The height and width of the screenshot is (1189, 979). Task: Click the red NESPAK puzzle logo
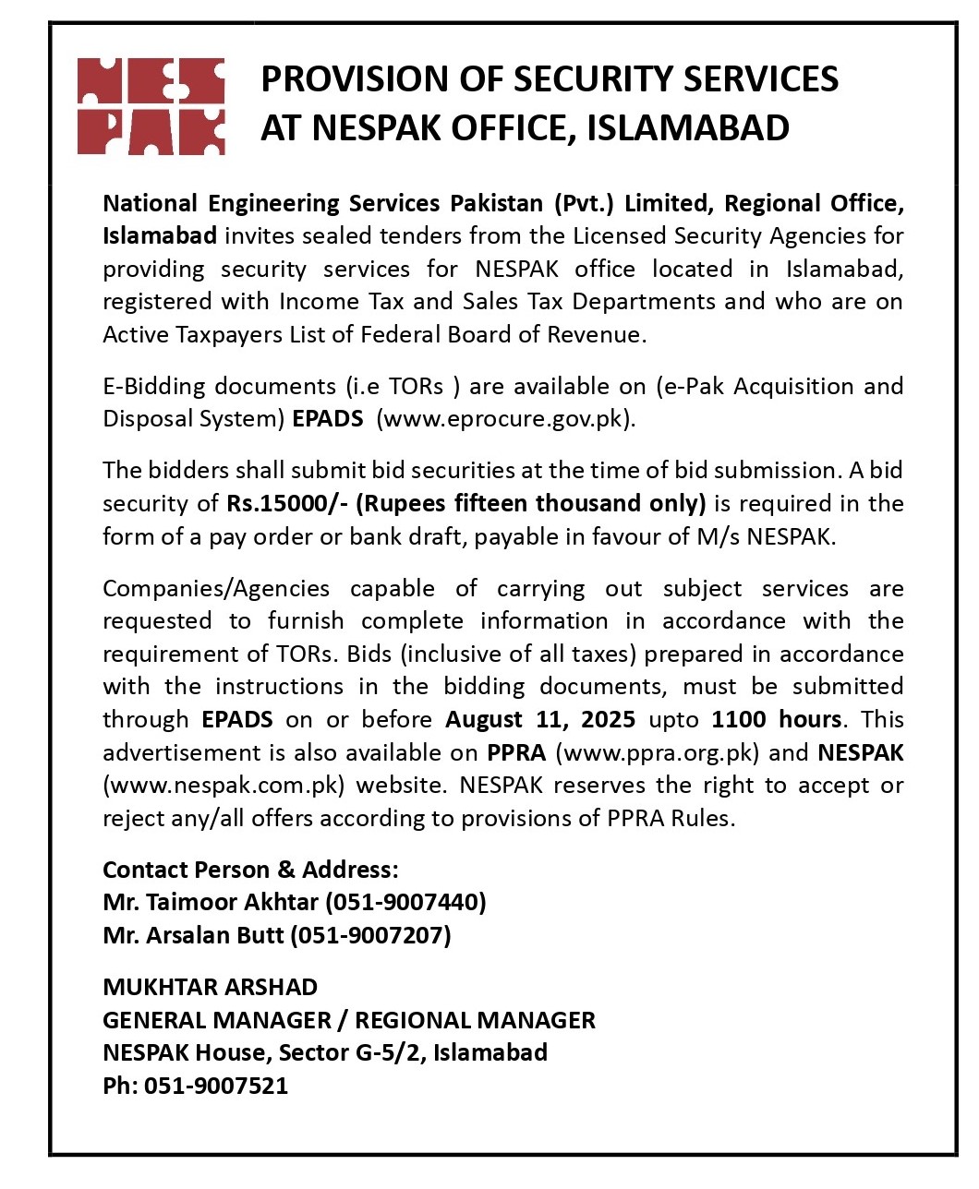[x=151, y=105]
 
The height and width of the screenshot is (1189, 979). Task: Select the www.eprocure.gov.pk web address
[x=505, y=418]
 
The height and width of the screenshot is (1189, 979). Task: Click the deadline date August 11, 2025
[x=540, y=719]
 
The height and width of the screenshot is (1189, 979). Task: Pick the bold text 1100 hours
[x=776, y=719]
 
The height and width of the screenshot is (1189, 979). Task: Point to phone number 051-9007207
[x=370, y=935]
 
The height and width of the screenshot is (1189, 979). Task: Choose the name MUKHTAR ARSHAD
[x=210, y=987]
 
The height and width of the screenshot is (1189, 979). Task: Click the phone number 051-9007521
[x=215, y=1086]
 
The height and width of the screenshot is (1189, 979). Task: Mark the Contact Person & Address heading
[x=250, y=870]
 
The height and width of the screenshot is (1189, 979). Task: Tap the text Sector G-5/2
[x=352, y=1052]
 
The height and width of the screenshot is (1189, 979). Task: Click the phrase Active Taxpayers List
[x=213, y=334]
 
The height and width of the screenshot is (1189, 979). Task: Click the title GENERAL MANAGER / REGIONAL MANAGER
[x=348, y=1020]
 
